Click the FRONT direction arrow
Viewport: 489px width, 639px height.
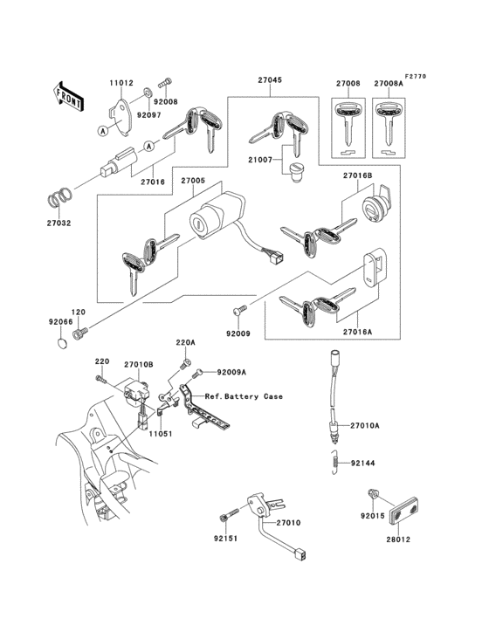coord(69,95)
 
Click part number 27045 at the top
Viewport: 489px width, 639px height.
coord(270,79)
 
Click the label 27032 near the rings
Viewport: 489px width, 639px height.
coord(59,223)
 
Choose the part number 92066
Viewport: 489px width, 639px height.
coord(59,321)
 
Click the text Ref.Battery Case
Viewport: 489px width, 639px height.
coord(244,396)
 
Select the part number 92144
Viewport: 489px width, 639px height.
coord(362,464)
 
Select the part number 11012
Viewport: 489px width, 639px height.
coord(121,84)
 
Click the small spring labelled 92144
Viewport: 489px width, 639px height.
coord(333,464)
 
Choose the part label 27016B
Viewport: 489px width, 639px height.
coord(357,175)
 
